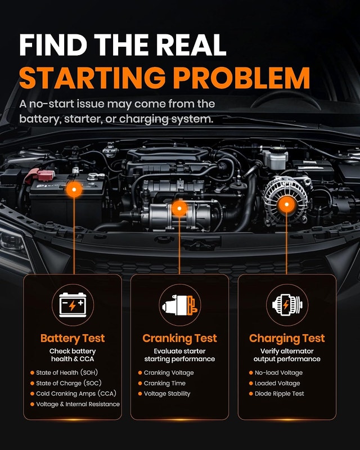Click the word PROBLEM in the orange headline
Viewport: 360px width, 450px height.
241,78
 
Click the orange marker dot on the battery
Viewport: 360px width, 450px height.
74,190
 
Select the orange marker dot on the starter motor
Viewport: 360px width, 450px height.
179,208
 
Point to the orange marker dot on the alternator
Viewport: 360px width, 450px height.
286,205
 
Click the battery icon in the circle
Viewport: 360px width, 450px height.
73,305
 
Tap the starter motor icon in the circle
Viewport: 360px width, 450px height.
180,305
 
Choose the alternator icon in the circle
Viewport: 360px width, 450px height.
287,305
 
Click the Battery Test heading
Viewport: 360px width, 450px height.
73,339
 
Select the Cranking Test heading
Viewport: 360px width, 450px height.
179,339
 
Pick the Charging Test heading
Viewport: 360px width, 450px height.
287,339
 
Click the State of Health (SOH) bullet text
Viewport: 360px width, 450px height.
67,372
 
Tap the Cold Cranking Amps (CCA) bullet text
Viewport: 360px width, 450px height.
76,393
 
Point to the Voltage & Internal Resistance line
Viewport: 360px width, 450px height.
78,404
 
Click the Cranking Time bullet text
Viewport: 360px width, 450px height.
164,383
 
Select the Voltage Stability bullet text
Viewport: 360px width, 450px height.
167,394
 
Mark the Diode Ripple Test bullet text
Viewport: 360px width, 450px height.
280,394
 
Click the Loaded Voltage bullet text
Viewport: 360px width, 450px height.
277,383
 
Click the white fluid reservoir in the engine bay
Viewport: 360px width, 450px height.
275,158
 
